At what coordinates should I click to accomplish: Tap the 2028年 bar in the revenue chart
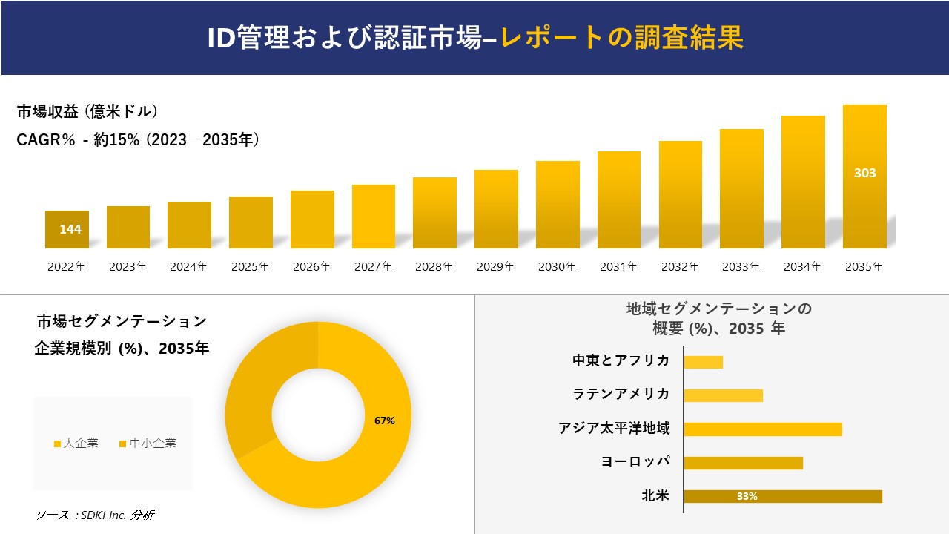[434, 213]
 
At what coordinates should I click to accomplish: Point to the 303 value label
[864, 173]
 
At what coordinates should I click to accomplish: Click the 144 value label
[70, 229]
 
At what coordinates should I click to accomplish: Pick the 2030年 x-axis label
[558, 267]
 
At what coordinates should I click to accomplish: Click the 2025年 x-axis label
[251, 267]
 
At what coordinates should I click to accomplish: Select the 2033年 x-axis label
[741, 267]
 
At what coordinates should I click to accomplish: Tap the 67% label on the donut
[385, 421]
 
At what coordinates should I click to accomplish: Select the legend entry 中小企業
[148, 444]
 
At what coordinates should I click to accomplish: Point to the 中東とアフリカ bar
[703, 362]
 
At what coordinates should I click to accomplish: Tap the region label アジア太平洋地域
[614, 429]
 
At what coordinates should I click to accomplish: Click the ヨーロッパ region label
[635, 462]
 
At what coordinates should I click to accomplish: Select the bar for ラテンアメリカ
[723, 395]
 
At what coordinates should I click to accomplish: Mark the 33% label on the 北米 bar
[747, 496]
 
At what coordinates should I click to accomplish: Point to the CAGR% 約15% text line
[138, 140]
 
